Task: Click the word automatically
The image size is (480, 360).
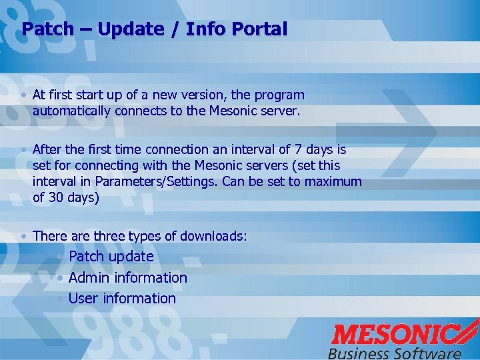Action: pyautogui.click(x=71, y=111)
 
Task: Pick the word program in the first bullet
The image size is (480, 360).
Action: pyautogui.click(x=278, y=95)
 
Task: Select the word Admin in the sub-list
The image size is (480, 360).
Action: pyautogui.click(x=89, y=277)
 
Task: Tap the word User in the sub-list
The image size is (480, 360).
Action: pyautogui.click(x=83, y=299)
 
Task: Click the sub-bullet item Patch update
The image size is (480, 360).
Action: pyautogui.click(x=111, y=257)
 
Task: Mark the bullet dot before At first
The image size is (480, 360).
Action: pyautogui.click(x=24, y=95)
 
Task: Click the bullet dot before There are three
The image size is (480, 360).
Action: pyautogui.click(x=24, y=236)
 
